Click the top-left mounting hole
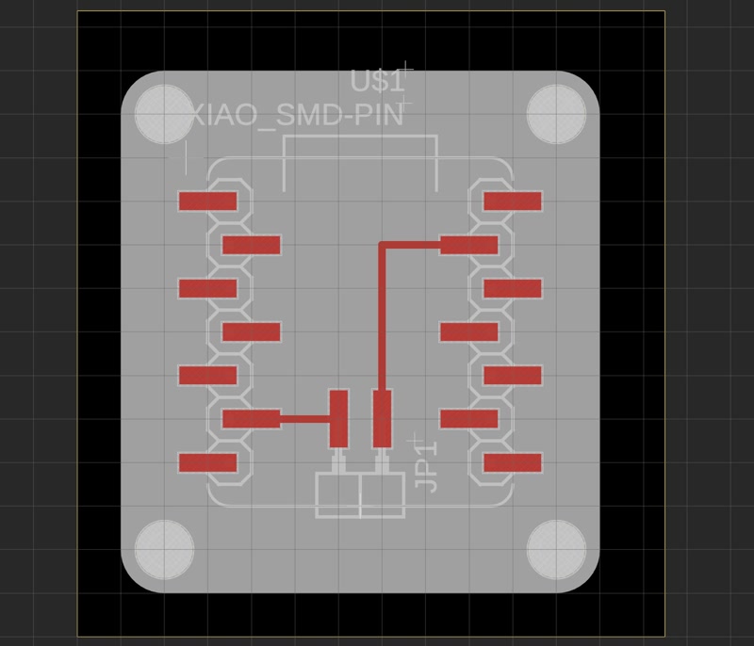164,114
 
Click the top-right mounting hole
556,114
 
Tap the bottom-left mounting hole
164,549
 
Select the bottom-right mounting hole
556,549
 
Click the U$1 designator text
377,81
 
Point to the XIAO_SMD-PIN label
298,115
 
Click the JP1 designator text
427,466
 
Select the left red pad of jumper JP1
338,418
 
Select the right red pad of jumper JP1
383,418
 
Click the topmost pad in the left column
207,202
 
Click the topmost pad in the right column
513,202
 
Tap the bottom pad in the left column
207,462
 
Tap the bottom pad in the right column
513,462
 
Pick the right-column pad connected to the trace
468,245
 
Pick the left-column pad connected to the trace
252,419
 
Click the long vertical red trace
383,317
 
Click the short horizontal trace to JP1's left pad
304,419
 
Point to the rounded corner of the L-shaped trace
382,244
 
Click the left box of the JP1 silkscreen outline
338,495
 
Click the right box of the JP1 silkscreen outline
383,495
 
